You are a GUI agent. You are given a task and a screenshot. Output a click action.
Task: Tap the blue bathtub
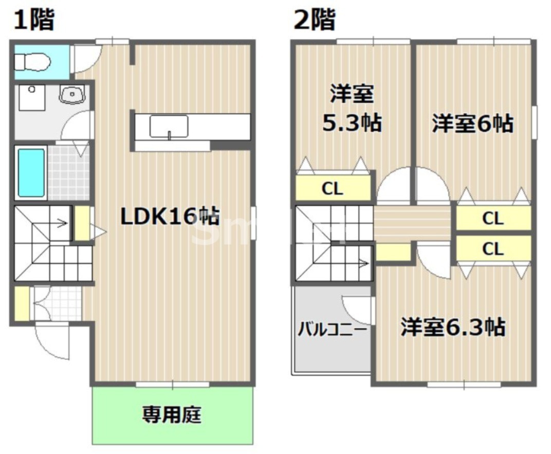[31, 173]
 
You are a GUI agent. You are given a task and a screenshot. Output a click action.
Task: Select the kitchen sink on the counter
[169, 126]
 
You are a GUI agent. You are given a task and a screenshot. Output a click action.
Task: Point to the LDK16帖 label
[170, 217]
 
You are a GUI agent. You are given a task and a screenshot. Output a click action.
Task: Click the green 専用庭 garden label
[172, 414]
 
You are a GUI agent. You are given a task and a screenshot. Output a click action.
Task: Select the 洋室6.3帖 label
[452, 327]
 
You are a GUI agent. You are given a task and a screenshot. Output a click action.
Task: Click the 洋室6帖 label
[472, 124]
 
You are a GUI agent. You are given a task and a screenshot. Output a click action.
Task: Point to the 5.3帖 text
[352, 124]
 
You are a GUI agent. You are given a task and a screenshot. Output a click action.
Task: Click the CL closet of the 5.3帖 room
[333, 188]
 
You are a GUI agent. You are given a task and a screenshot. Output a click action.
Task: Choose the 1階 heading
[34, 21]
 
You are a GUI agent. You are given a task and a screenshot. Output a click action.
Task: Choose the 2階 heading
[314, 21]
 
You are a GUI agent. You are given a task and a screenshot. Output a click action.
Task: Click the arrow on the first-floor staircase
[62, 223]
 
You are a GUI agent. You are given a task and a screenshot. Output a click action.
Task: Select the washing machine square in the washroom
[32, 97]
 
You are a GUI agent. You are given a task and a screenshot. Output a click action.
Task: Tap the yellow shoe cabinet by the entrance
[21, 304]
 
